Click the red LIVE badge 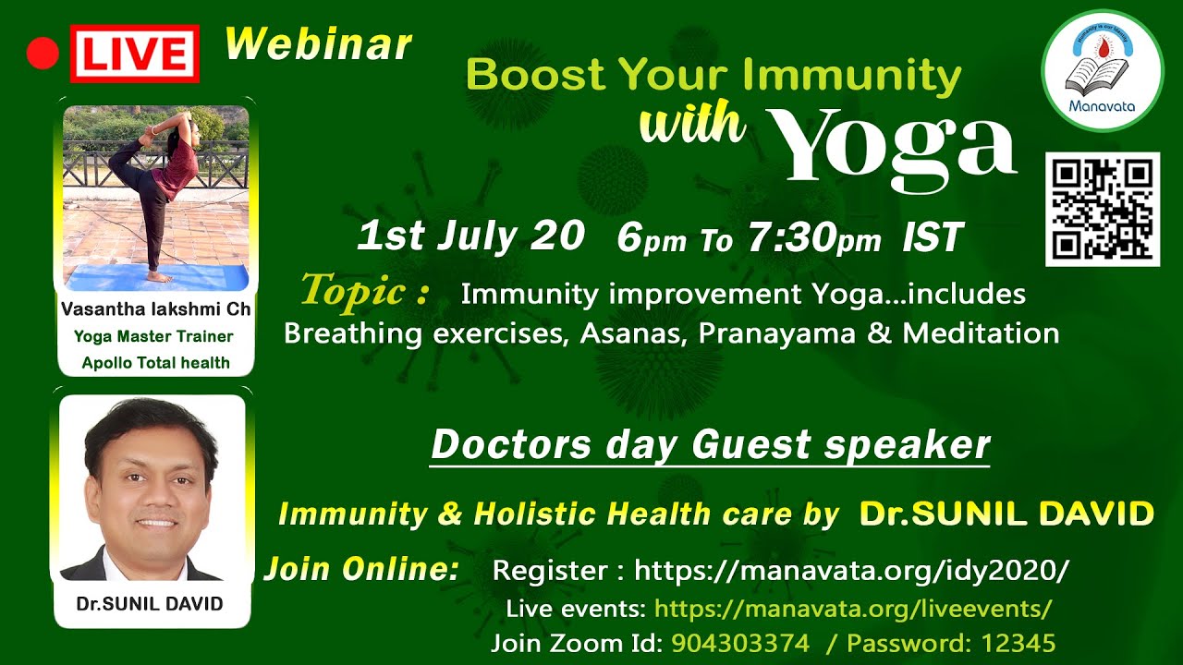(x=135, y=54)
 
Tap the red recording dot (x=43, y=54)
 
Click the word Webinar (x=319, y=44)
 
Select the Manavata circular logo (x=1103, y=71)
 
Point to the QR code (x=1103, y=210)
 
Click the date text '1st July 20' (x=470, y=236)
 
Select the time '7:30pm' (x=815, y=237)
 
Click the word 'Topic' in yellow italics (x=353, y=290)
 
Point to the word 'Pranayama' (x=777, y=333)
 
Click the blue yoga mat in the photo (x=157, y=278)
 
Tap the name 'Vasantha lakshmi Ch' (x=156, y=308)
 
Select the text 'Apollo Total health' (x=156, y=363)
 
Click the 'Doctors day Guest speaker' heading (x=710, y=444)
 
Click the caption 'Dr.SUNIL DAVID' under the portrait (x=150, y=603)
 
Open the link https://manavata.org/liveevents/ (x=853, y=609)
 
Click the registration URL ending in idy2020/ (x=851, y=570)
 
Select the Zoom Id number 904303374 (x=740, y=643)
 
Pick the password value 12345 (x=1018, y=643)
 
